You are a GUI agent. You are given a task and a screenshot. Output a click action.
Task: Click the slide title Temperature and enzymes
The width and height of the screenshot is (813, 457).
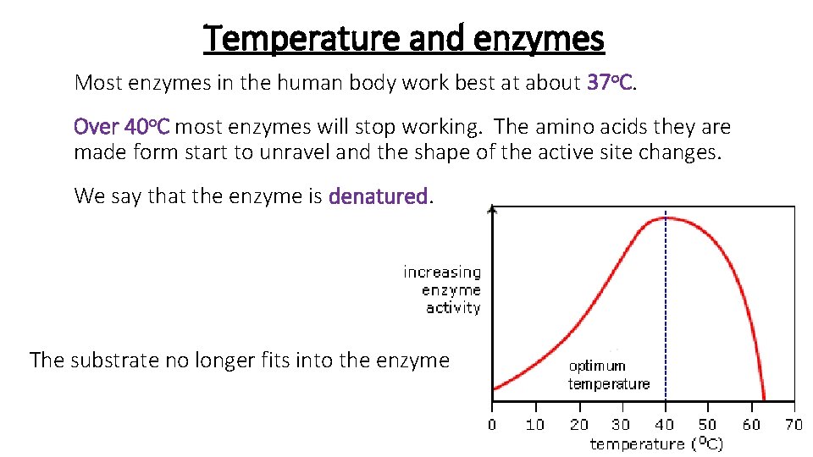404,38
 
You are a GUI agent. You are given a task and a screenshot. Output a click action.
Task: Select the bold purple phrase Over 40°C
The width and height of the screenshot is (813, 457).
122,128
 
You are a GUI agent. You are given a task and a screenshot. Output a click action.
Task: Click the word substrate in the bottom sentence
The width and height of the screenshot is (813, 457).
111,361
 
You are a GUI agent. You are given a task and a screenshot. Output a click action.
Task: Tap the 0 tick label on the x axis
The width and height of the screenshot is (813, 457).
493,425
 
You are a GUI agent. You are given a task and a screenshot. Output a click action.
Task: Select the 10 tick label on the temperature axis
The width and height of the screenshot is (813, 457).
535,425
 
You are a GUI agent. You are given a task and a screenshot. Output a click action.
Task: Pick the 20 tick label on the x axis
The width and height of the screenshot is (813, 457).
579,425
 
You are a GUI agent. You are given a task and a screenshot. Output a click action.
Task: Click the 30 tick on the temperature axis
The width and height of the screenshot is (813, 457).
622,425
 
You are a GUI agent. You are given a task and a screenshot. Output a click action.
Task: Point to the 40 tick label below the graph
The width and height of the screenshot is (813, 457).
665,425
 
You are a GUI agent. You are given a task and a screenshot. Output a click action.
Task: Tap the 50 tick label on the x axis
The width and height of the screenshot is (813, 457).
707,425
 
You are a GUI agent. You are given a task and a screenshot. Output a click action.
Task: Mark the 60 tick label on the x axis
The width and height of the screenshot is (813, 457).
750,425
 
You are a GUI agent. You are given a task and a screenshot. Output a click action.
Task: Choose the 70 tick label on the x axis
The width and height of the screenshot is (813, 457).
793,425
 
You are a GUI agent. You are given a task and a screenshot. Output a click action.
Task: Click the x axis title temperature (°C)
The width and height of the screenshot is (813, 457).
656,443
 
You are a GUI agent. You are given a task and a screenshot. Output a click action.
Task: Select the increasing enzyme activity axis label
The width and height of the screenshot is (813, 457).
442,289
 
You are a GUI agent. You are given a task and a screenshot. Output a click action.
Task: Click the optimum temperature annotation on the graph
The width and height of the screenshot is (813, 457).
609,375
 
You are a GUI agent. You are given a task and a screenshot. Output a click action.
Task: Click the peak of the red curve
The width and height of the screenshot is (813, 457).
666,217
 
